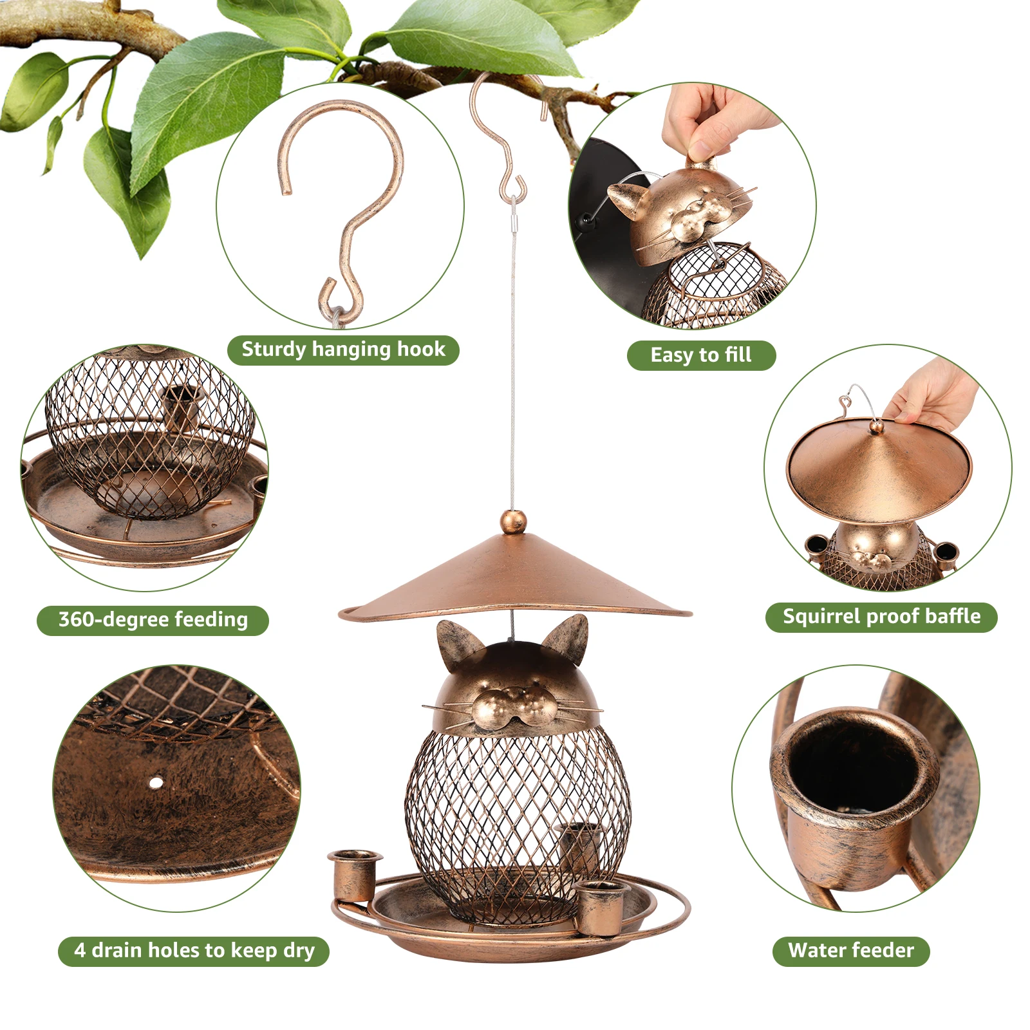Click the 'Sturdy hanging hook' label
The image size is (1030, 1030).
pos(343,350)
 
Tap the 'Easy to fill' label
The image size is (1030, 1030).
pos(700,355)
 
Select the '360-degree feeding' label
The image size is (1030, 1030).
pos(153,620)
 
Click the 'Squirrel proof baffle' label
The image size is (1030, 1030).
pos(881,617)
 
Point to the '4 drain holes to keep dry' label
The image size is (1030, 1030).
pos(194,951)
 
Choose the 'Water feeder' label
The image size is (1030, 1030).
pos(850,951)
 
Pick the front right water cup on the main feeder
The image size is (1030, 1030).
pos(601,906)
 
